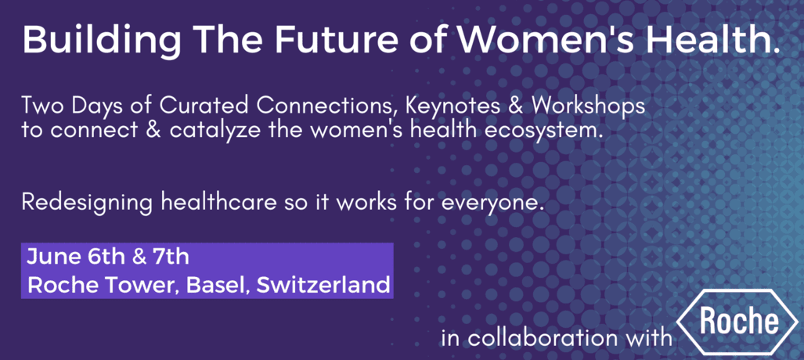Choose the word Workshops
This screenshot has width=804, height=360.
click(x=588, y=106)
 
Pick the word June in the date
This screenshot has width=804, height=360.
click(x=45, y=257)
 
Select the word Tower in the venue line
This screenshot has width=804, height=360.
click(x=135, y=285)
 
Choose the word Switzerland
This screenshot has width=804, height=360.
click(x=323, y=285)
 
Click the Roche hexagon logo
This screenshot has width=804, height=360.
click(x=737, y=322)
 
